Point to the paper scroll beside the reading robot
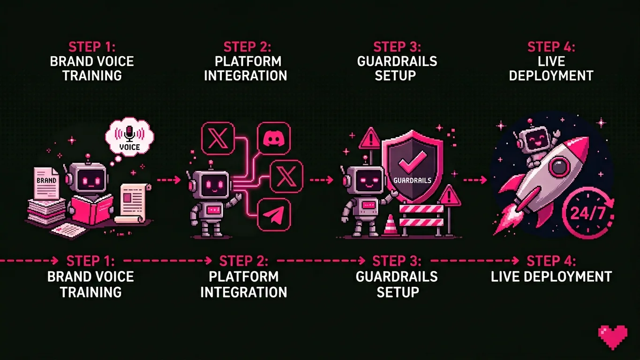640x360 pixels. (133, 202)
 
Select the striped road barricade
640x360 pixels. (421, 216)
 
